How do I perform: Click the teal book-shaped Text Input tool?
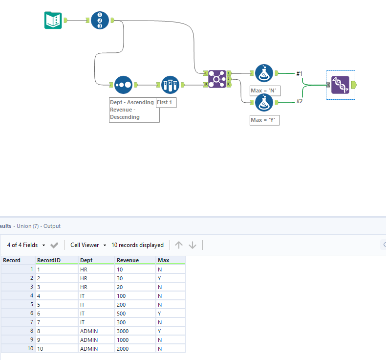click(x=53, y=20)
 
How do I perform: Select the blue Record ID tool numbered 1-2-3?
click(x=100, y=20)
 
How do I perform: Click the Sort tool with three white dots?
click(x=123, y=85)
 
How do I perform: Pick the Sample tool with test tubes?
click(x=170, y=85)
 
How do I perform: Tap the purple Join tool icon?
click(x=217, y=79)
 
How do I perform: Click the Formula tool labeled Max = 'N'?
click(x=264, y=73)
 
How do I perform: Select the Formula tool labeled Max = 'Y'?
click(x=264, y=102)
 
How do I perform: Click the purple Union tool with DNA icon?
click(x=340, y=85)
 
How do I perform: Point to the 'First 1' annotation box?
click(x=166, y=103)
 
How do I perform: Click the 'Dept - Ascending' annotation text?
click(x=132, y=102)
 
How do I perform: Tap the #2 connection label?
click(x=300, y=101)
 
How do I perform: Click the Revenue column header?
click(x=128, y=260)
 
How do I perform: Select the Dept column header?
click(x=86, y=260)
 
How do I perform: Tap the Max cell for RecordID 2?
click(x=171, y=278)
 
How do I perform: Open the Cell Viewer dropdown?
click(x=88, y=245)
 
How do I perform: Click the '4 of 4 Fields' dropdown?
click(x=26, y=245)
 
